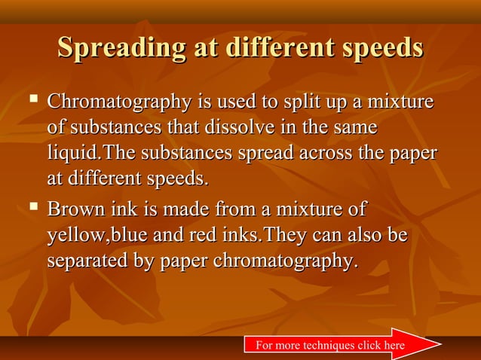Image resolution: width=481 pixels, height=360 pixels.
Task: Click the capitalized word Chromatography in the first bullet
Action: pyautogui.click(x=121, y=101)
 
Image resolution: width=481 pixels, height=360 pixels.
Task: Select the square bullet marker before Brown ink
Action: pyautogui.click(x=32, y=205)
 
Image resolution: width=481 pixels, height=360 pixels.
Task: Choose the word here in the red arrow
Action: pyautogui.click(x=394, y=346)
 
